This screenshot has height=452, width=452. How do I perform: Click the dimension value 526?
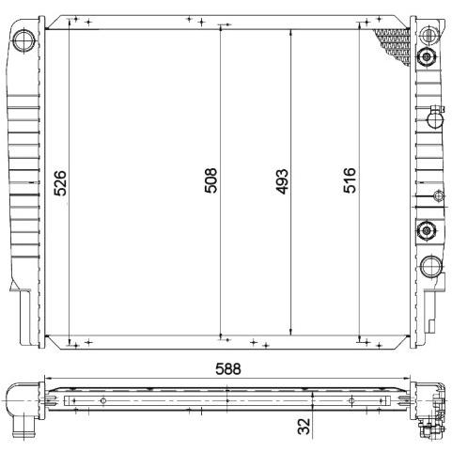pos(60,183)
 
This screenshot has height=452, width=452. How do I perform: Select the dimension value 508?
pos(210,180)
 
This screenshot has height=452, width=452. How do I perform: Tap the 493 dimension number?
pos(281,181)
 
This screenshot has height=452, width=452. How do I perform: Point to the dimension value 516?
pos(350,180)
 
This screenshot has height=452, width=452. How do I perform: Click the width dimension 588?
pos(228,369)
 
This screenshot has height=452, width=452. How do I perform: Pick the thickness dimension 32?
pos(304,427)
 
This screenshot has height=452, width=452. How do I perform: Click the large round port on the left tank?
pos(23,40)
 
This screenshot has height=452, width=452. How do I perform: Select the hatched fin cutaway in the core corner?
pos(393,45)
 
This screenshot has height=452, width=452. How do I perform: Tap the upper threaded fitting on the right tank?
pos(426,57)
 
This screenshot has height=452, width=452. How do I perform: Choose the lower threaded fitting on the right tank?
pos(426,230)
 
